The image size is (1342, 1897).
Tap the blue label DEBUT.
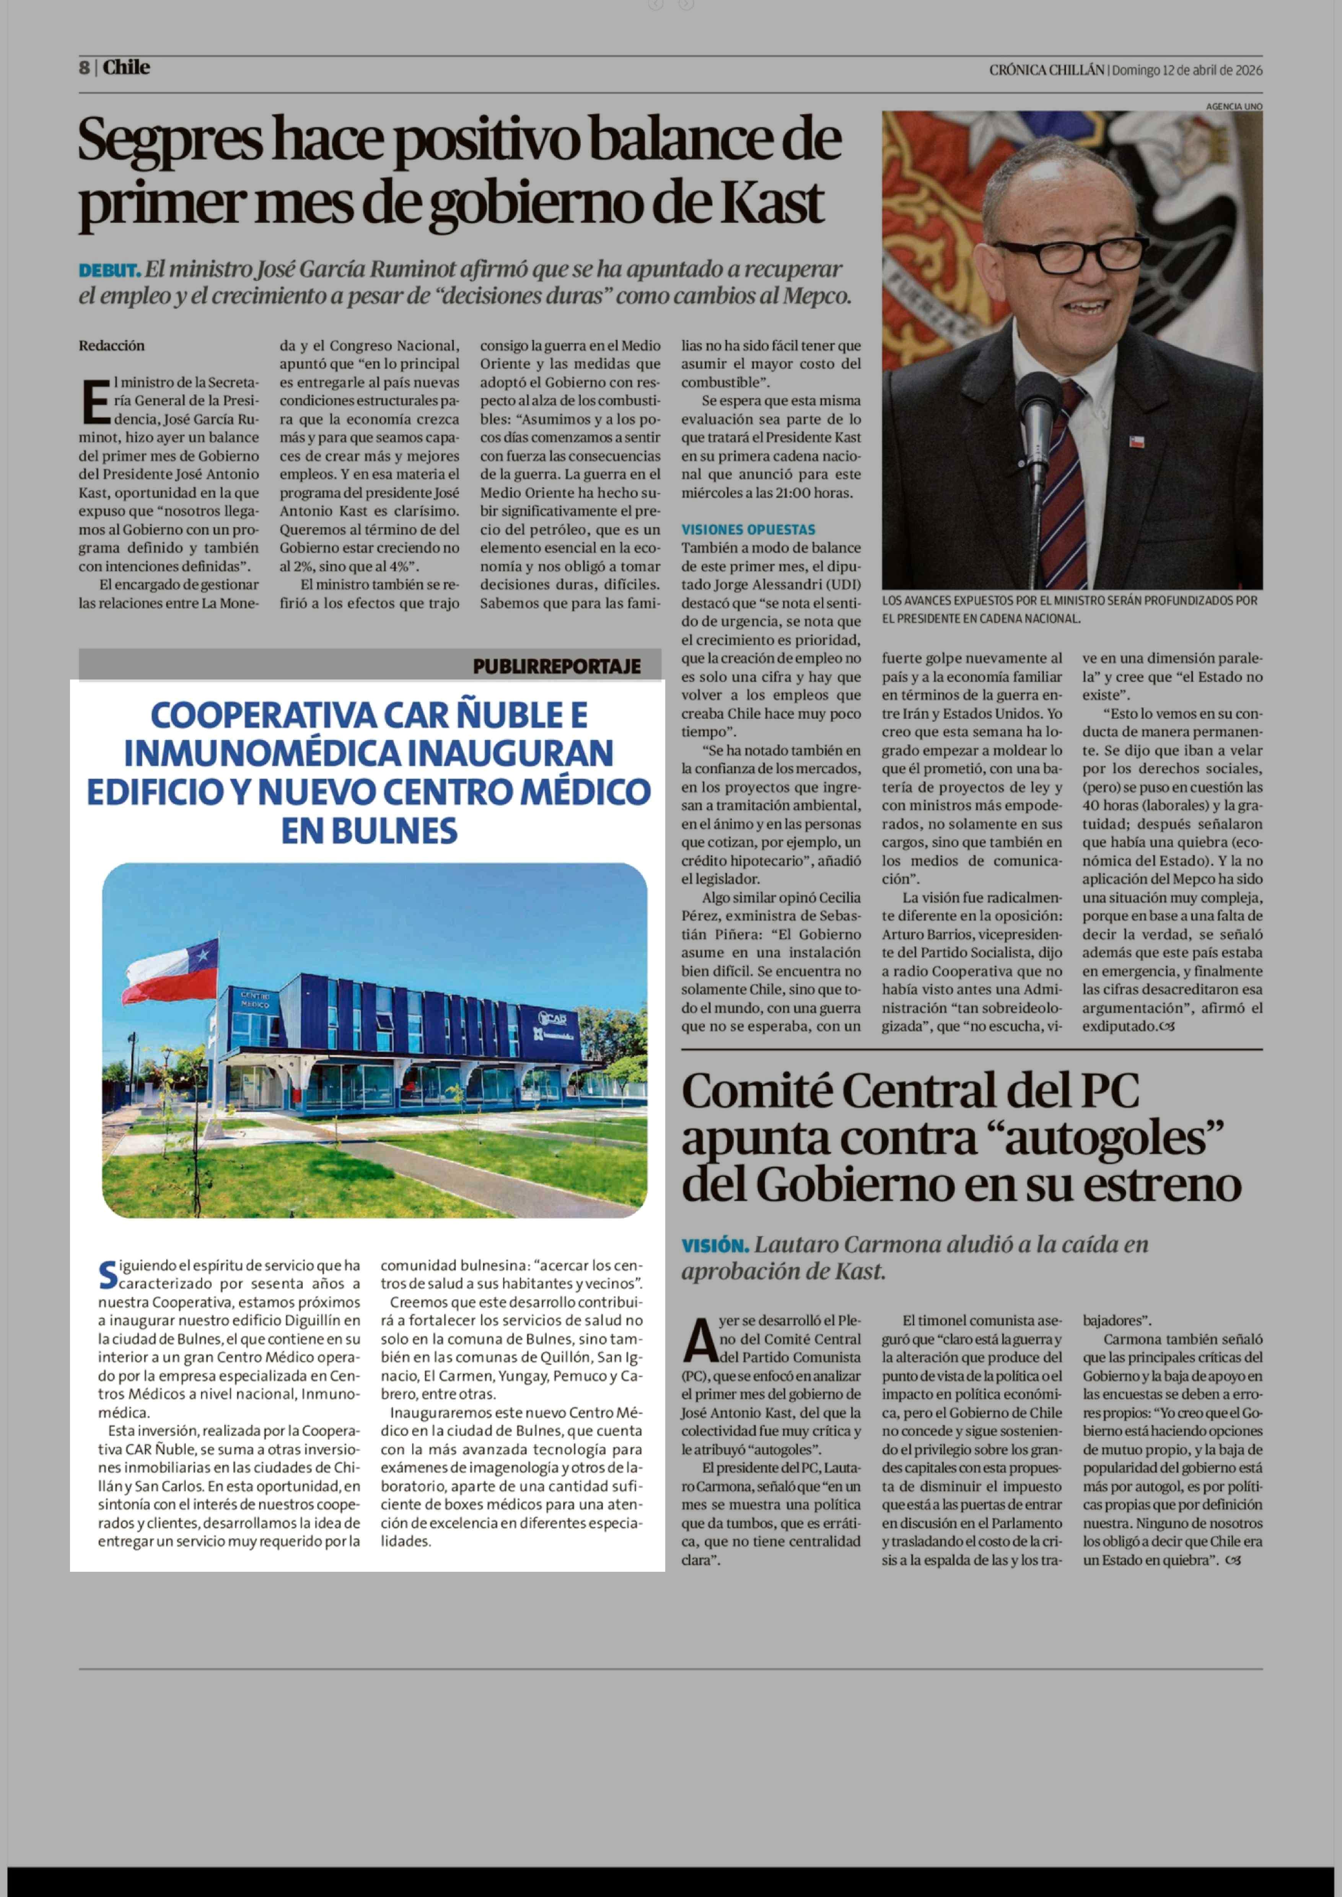coord(109,270)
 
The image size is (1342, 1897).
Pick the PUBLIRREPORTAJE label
coord(556,666)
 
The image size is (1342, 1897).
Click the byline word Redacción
coord(112,346)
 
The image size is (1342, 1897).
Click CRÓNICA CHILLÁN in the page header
coord(1046,70)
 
